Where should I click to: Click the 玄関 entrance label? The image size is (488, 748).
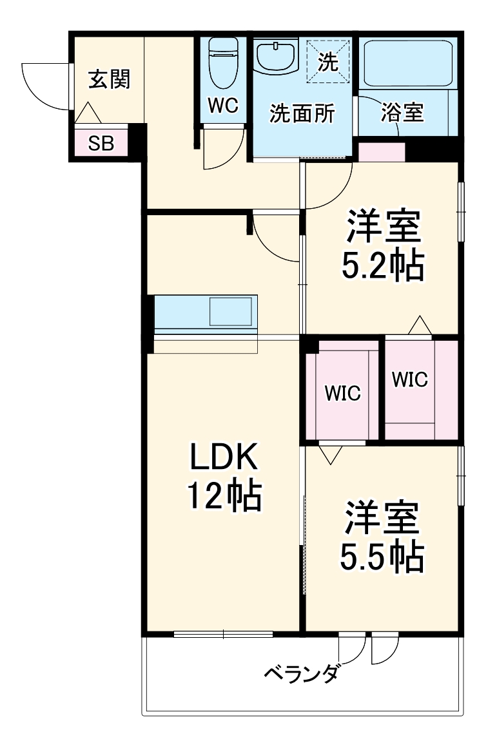[x=109, y=79]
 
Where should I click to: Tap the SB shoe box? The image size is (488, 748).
[x=101, y=143]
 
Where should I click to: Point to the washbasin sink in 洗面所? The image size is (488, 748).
[x=276, y=57]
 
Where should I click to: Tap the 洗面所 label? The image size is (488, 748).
[x=302, y=114]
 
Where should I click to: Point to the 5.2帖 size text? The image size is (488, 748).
[x=382, y=265]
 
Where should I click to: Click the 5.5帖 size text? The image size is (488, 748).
[x=382, y=556]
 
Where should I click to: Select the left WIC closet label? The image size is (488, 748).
[x=342, y=393]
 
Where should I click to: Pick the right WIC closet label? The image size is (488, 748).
[x=409, y=380]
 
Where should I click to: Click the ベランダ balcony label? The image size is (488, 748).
[x=301, y=675]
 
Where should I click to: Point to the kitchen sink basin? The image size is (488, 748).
[x=230, y=312]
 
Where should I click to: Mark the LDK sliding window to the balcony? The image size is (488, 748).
[x=223, y=634]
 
